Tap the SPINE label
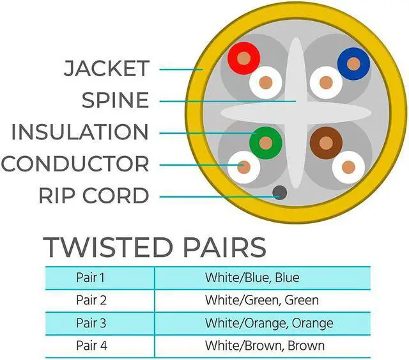[115, 100]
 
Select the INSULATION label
[80, 132]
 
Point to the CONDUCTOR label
[75, 164]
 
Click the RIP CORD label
[94, 195]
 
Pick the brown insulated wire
[326, 143]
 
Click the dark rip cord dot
[279, 192]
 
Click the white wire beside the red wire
[265, 82]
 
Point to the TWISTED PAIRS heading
[154, 247]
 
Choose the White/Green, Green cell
[261, 300]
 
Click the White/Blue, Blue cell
[252, 278]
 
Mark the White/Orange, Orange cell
[268, 323]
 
